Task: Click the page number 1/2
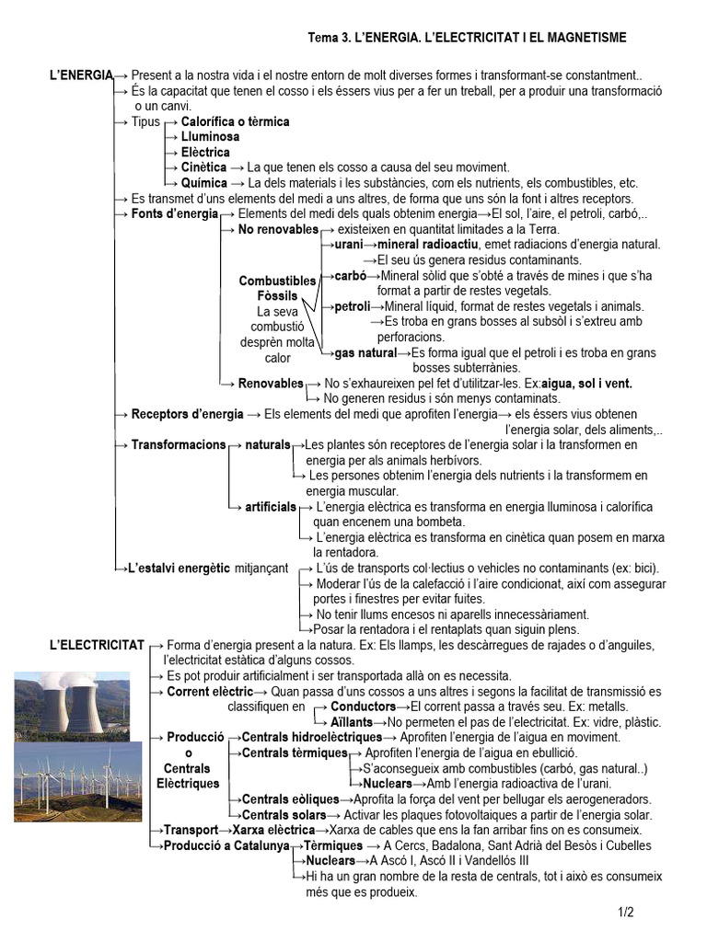626,913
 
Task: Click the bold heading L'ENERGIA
81,74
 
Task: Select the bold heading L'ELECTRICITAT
97,645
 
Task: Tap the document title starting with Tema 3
467,37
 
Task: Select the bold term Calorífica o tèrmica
235,121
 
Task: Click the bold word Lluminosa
210,137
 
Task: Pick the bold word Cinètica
203,167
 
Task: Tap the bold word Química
203,183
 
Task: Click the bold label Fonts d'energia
175,213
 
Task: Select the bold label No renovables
277,229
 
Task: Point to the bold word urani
348,245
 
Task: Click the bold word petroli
352,306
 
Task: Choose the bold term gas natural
365,352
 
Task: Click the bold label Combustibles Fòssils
277,289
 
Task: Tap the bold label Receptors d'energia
187,414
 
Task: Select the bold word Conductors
363,706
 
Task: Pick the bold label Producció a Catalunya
226,845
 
